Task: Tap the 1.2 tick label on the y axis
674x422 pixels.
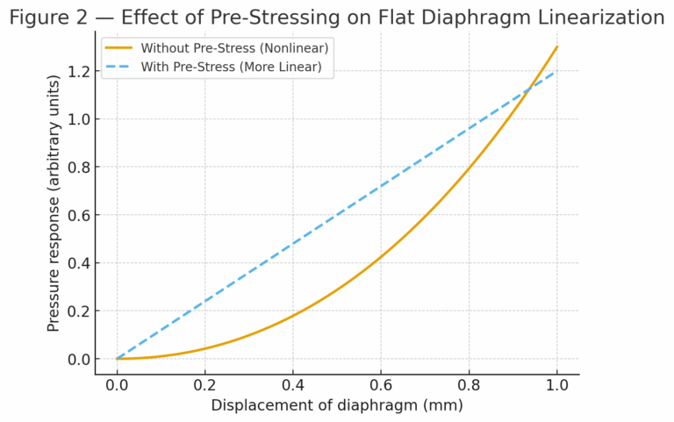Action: click(x=78, y=71)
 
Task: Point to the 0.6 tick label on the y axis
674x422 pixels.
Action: click(x=78, y=215)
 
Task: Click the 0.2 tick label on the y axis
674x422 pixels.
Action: click(x=78, y=311)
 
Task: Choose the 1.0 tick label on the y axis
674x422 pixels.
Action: click(x=78, y=119)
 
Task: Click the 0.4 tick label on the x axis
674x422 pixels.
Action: click(x=292, y=384)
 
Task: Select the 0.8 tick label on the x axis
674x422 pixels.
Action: click(x=469, y=384)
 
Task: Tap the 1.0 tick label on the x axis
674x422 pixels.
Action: click(x=556, y=384)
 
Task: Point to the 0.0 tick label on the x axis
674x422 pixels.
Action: click(x=117, y=384)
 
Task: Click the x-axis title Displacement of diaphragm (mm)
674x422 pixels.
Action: click(x=337, y=405)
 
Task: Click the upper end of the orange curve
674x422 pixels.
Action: click(x=556, y=46)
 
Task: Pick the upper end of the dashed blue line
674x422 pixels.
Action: click(x=556, y=71)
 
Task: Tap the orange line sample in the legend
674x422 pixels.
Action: click(x=119, y=47)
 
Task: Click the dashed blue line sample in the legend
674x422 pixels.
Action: click(x=119, y=67)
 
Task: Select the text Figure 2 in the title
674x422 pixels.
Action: click(x=45, y=17)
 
